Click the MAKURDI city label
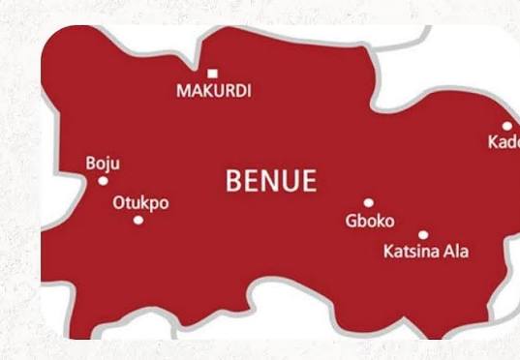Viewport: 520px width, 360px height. click(213, 91)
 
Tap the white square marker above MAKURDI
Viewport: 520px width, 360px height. click(213, 73)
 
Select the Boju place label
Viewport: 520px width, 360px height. click(104, 164)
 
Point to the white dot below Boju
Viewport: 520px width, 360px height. click(104, 181)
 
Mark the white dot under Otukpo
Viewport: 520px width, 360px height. click(138, 220)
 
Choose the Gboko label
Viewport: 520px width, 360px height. click(369, 221)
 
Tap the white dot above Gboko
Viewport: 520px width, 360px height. click(368, 203)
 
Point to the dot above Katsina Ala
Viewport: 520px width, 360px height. click(423, 234)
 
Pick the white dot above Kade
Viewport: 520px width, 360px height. click(506, 126)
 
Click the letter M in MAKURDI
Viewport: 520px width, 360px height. click(182, 91)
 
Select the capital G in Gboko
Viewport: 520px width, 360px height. click(351, 221)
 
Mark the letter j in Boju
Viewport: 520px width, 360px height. click(109, 165)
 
